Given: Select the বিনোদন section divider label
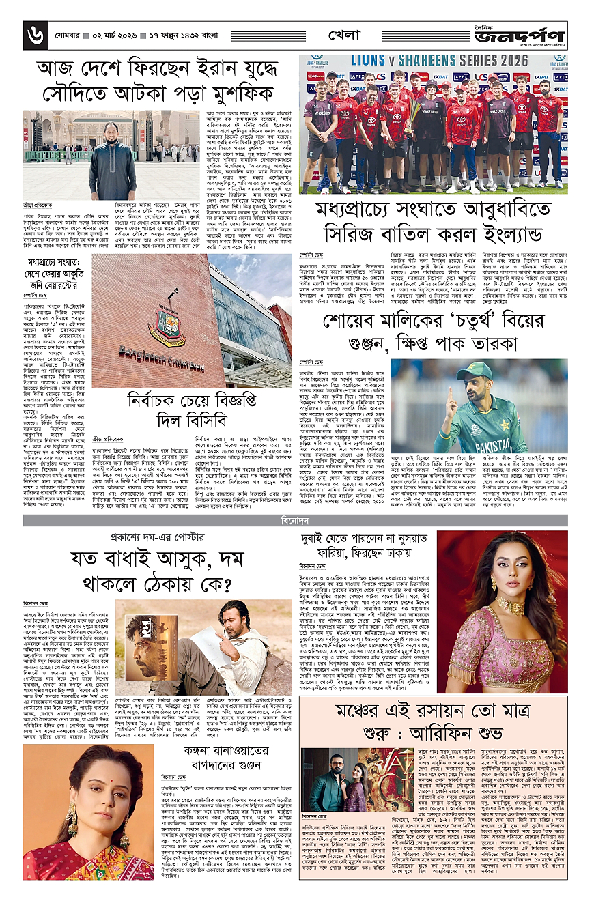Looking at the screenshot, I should pos(297,520).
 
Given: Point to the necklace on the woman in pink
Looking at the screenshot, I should pos(511,607).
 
